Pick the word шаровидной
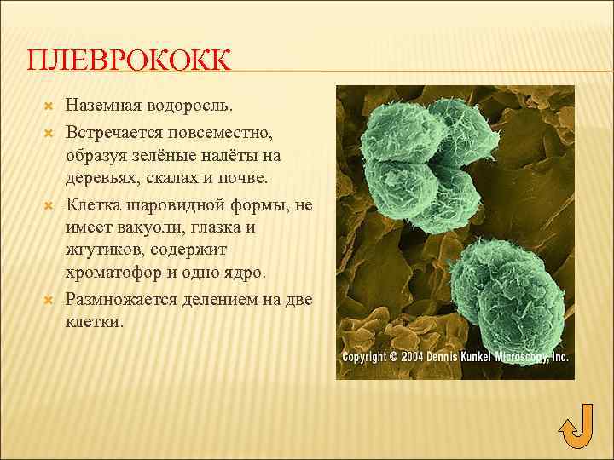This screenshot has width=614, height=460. coord(171,204)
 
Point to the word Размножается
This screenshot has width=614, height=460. coord(125,299)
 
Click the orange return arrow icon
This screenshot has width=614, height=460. coord(576,425)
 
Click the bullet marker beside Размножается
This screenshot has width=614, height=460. coord(49,299)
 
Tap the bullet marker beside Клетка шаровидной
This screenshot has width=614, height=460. coord(49,204)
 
